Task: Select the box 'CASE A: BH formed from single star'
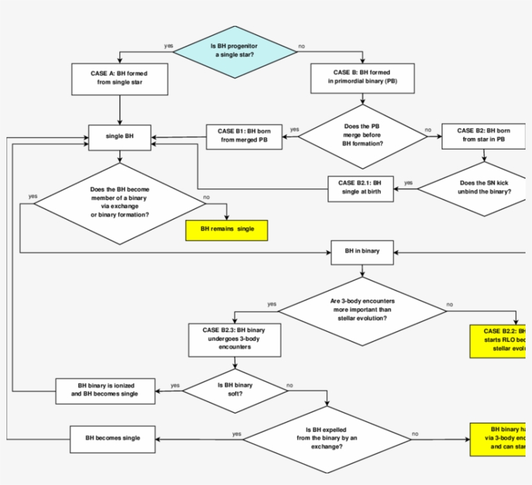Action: coord(120,78)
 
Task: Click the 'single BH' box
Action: coord(120,137)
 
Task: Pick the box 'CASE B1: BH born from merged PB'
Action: coord(245,135)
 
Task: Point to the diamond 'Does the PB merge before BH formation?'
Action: coord(362,135)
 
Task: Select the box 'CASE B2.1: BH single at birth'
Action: coord(360,188)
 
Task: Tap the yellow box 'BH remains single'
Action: coord(226,229)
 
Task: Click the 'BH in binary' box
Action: coord(362,252)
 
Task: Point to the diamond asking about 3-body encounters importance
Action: coord(363,310)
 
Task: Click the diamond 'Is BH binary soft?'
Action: coord(235,389)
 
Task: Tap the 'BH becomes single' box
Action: coord(113,438)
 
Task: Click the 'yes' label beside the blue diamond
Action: coord(169,46)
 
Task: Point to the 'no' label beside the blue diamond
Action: coord(302,46)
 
